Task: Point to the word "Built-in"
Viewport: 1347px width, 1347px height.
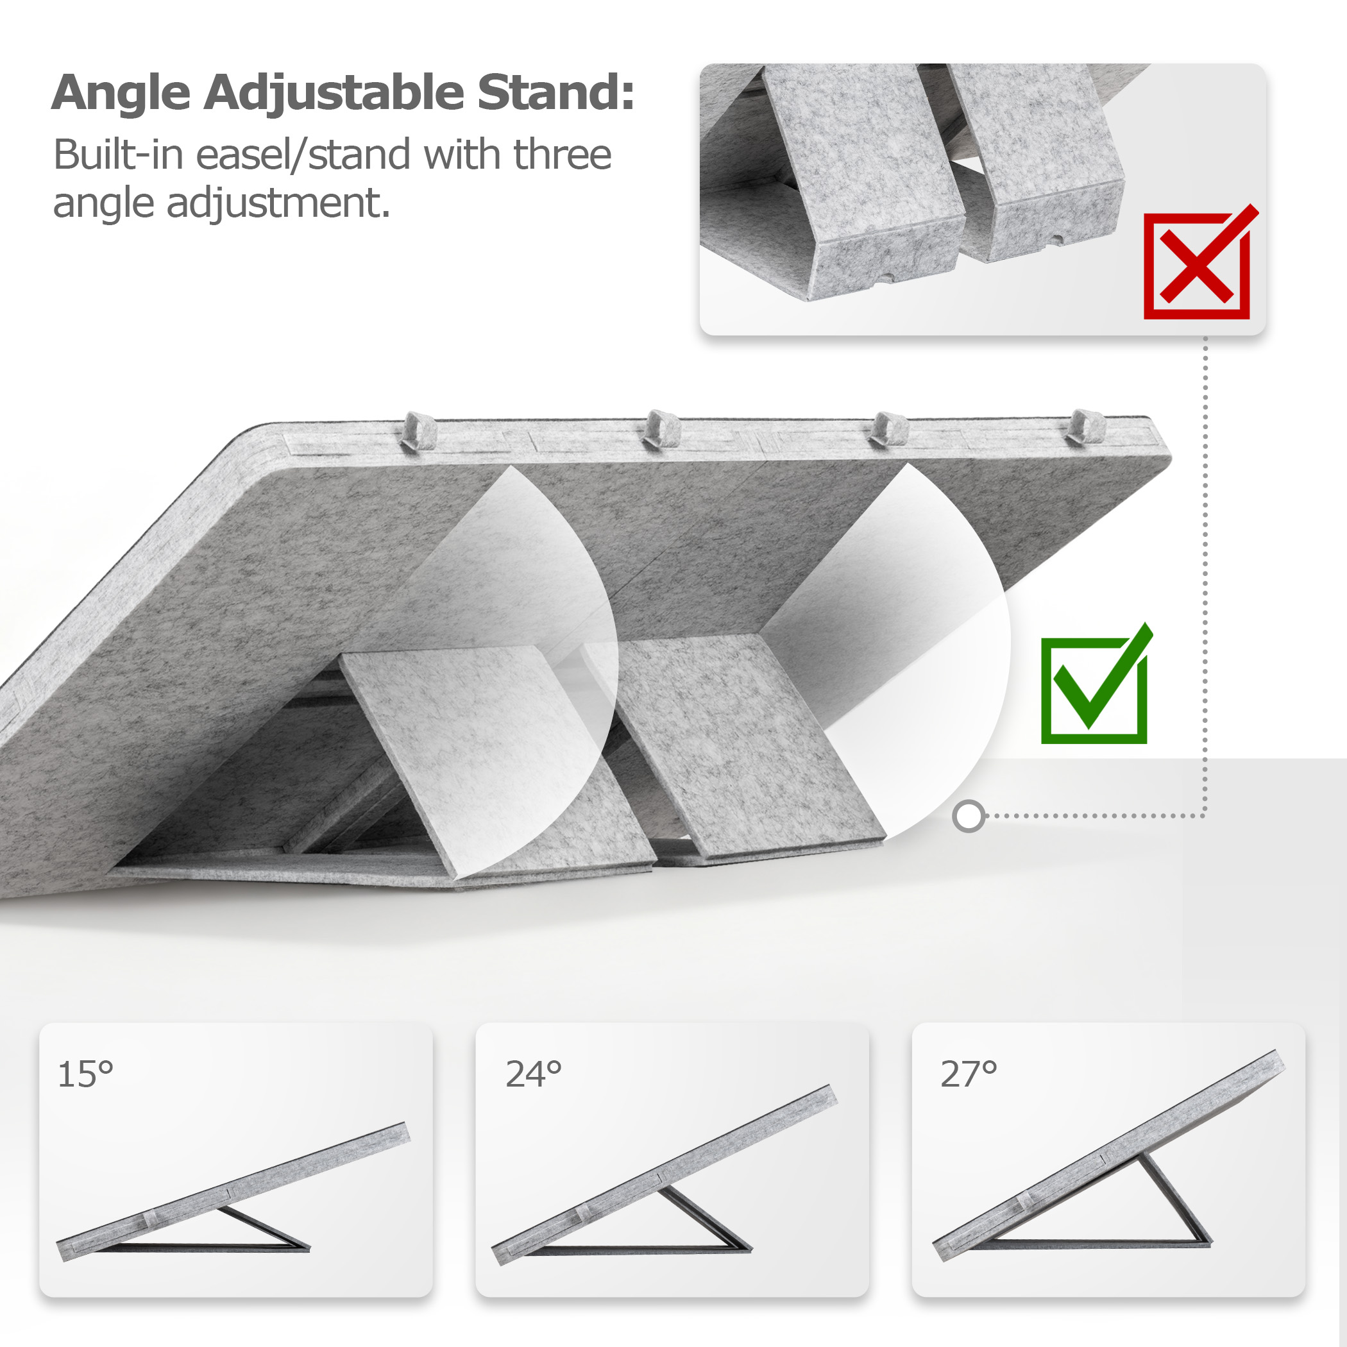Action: click(121, 154)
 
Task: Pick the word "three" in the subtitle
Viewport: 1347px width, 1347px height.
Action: click(563, 154)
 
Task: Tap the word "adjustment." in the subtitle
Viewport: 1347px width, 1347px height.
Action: click(278, 203)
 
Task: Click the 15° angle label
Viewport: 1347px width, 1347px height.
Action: click(85, 1074)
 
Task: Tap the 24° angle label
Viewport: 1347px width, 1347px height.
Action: click(534, 1074)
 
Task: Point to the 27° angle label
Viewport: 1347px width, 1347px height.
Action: click(969, 1074)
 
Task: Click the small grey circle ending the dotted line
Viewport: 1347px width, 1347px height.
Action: click(969, 817)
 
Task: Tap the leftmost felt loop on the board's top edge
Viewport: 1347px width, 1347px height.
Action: click(419, 430)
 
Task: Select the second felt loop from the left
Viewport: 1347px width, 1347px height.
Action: click(662, 428)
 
